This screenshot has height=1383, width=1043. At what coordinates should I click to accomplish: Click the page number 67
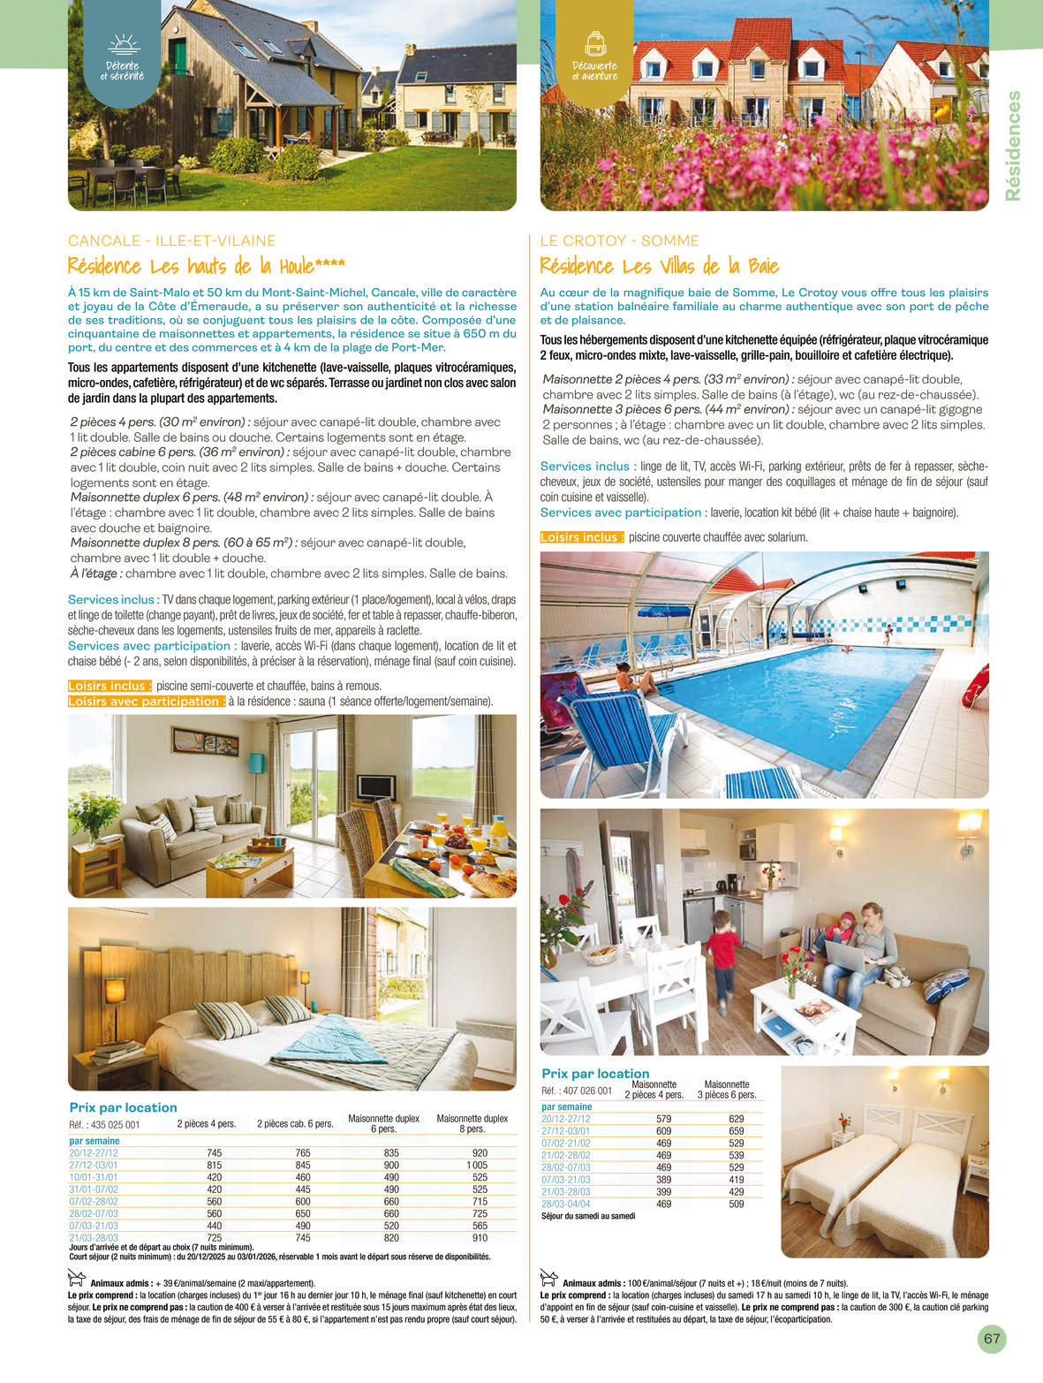pyautogui.click(x=992, y=1338)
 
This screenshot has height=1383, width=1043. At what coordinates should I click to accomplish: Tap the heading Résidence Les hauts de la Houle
pyautogui.click(x=206, y=266)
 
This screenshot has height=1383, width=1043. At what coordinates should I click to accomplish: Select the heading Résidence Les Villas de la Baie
pyautogui.click(x=659, y=266)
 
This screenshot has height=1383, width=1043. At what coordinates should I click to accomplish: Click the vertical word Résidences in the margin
pyautogui.click(x=1013, y=146)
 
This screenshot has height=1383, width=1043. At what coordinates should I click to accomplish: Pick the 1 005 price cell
pyautogui.click(x=477, y=1165)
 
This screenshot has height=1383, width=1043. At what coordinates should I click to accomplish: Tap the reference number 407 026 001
pyautogui.click(x=577, y=1090)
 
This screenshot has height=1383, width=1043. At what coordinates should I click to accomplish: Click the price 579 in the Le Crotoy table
pyautogui.click(x=663, y=1119)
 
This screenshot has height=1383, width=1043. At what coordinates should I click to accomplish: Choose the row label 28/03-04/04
pyautogui.click(x=566, y=1204)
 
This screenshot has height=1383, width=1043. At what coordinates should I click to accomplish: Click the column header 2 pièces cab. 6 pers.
pyautogui.click(x=295, y=1124)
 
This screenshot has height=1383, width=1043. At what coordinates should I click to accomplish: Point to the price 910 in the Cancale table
pyautogui.click(x=480, y=1238)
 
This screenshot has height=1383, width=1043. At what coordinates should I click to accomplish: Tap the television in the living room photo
pyautogui.click(x=377, y=786)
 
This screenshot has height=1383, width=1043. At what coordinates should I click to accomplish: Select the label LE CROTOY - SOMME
pyautogui.click(x=619, y=240)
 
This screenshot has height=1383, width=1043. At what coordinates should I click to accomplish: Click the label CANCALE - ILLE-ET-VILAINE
pyautogui.click(x=171, y=240)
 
